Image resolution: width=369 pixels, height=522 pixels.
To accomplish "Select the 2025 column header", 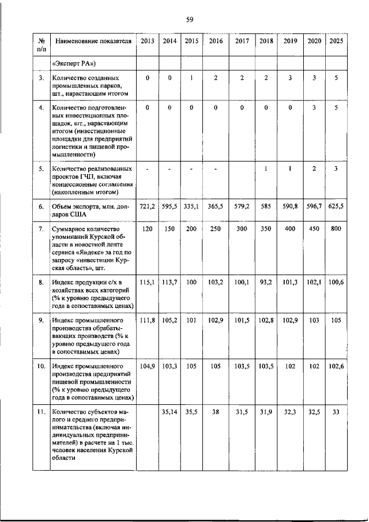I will tap(336, 41).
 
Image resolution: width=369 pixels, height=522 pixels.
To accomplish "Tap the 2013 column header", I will tap(148, 41).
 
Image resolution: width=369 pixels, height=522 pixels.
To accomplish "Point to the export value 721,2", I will tap(148, 206).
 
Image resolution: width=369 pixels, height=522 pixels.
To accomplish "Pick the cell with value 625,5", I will tap(336, 206).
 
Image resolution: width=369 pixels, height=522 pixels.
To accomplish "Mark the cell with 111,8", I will tap(148, 320).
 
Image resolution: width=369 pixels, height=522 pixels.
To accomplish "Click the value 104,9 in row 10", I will tap(148, 366).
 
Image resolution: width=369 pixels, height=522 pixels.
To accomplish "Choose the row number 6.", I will tap(41, 206).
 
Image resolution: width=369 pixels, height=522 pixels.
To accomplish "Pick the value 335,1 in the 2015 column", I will tap(191, 206).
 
